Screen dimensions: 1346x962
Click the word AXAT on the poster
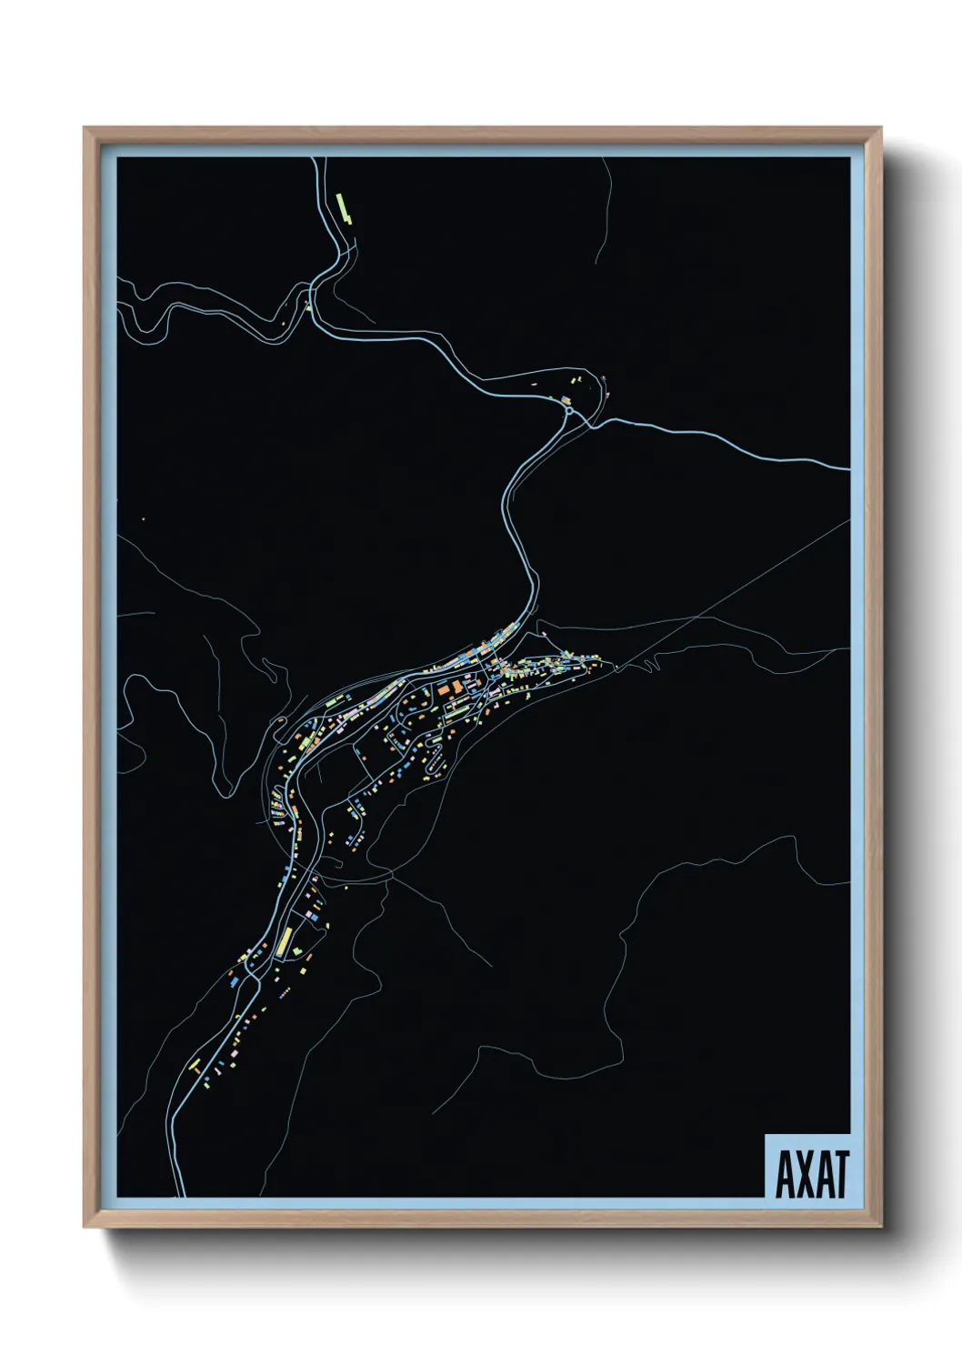pos(812,1174)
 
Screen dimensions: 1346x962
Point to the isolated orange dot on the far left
pos(143,520)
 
